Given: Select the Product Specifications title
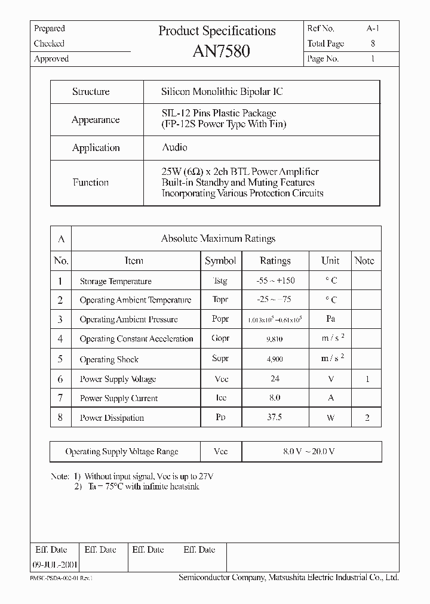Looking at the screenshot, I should tap(217, 31).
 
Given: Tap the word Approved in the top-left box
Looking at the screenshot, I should tap(51, 59).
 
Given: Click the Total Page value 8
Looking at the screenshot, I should tap(373, 44).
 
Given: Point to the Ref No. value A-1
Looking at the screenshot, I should tap(373, 28).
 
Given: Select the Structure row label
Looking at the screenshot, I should tap(91, 92).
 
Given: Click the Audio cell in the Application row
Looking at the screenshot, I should tap(174, 147).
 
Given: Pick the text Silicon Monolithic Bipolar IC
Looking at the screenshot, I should tap(222, 92).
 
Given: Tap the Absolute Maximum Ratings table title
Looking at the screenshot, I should tap(218, 239).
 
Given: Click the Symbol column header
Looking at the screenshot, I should tap(220, 261).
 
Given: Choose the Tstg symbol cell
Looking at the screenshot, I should tap(220, 281).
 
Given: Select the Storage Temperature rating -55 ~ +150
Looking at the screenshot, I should tap(275, 281).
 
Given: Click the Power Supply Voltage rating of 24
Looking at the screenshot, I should tap(275, 379).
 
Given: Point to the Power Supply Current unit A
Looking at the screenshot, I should tap(330, 398).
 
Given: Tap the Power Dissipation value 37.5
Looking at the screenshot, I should tap(275, 418).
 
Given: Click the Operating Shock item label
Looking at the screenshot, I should tap(109, 359).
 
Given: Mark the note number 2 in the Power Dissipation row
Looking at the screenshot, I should tap(367, 418).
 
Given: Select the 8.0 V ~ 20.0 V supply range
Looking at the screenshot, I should tap(309, 452).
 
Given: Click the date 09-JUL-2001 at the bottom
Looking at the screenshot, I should tap(54, 564).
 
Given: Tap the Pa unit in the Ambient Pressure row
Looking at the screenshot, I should tap(330, 319).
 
